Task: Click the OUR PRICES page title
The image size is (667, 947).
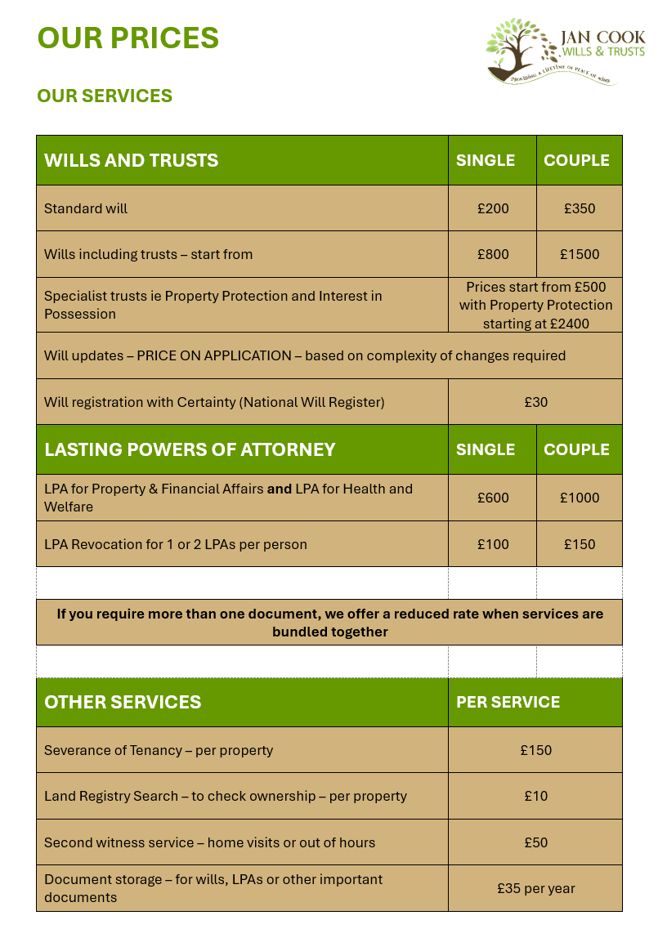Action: pyautogui.click(x=128, y=38)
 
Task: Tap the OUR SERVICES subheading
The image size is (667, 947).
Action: pyautogui.click(x=105, y=96)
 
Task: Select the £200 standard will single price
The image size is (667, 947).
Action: pyautogui.click(x=493, y=208)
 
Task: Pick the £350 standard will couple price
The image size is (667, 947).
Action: pyautogui.click(x=580, y=208)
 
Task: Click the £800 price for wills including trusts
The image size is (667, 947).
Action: pyautogui.click(x=493, y=254)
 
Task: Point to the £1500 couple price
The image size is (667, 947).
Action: pyautogui.click(x=580, y=254)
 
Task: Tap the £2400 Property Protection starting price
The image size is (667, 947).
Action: pyautogui.click(x=571, y=324)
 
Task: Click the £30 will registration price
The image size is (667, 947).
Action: pyautogui.click(x=535, y=402)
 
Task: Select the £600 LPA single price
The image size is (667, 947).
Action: pyautogui.click(x=493, y=498)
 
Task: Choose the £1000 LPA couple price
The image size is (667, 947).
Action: pyautogui.click(x=580, y=498)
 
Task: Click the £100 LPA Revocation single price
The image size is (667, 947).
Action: pyautogui.click(x=493, y=544)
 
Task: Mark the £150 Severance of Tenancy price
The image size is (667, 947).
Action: pyautogui.click(x=535, y=750)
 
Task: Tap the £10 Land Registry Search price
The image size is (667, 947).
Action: pyautogui.click(x=535, y=796)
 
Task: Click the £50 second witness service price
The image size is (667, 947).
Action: pyautogui.click(x=535, y=842)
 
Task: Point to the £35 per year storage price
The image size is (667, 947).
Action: pyautogui.click(x=535, y=888)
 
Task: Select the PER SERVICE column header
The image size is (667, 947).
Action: pyautogui.click(x=508, y=702)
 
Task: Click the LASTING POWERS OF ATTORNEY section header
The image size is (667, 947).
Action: pyautogui.click(x=190, y=449)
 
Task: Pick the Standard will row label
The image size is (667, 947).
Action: pyautogui.click(x=86, y=208)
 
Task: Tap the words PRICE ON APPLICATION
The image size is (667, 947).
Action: pyautogui.click(x=214, y=355)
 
